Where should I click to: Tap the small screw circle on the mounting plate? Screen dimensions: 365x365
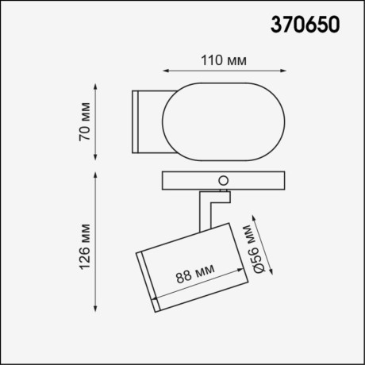pos(225,180)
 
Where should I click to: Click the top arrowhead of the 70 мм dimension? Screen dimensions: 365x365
pos(97,83)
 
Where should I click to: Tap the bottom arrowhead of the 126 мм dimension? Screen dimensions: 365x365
pos(97,311)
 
